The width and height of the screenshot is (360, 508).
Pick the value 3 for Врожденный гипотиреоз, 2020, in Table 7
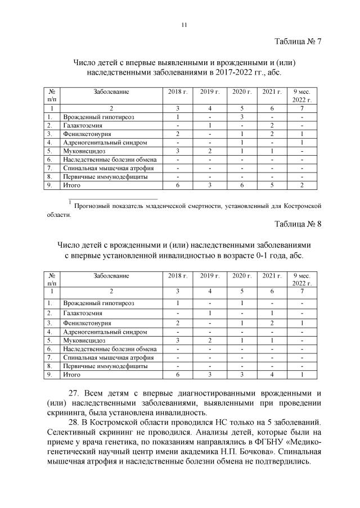[x=241, y=116]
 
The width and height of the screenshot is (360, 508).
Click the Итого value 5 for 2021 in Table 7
[x=272, y=185]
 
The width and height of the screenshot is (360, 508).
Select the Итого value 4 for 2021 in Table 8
[x=272, y=374]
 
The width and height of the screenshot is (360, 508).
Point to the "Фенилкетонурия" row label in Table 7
[x=87, y=134]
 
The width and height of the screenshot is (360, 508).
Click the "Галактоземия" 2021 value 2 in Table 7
[x=272, y=125]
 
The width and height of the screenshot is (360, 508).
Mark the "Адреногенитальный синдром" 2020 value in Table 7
[x=241, y=143]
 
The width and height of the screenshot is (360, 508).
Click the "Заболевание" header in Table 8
[x=111, y=275]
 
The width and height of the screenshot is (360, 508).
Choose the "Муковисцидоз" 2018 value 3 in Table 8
[x=177, y=340]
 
